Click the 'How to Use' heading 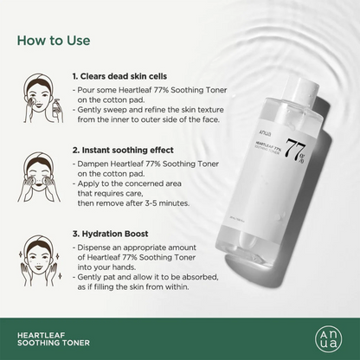54,41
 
